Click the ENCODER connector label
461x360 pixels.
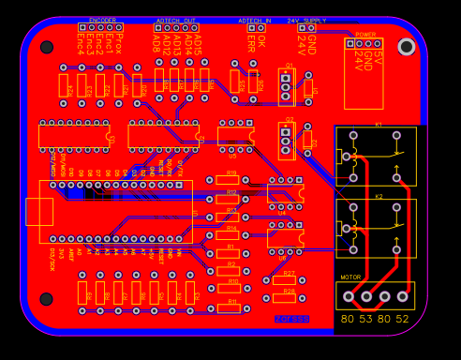(103, 20)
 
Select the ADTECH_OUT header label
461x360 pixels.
(176, 20)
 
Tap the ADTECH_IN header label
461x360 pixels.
(254, 20)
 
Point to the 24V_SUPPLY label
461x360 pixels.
(306, 20)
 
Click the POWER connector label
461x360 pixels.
(365, 34)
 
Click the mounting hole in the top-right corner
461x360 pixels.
(406, 46)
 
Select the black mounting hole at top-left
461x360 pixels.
(47, 47)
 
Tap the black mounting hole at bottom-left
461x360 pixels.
(47, 299)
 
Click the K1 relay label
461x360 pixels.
(379, 125)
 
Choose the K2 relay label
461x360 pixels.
(379, 197)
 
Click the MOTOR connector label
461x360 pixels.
(350, 277)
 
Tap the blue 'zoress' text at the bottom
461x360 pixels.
(291, 319)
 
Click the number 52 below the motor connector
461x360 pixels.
(402, 319)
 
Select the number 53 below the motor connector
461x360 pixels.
(364, 319)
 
